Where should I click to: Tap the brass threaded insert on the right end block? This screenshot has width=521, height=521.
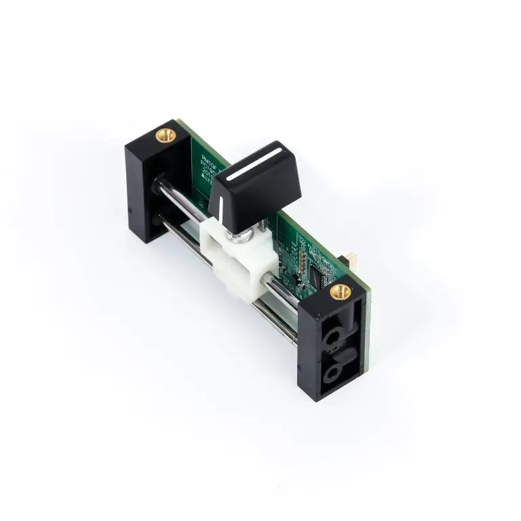(x=340, y=292)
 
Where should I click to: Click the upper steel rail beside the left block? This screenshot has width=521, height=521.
(x=178, y=197)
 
